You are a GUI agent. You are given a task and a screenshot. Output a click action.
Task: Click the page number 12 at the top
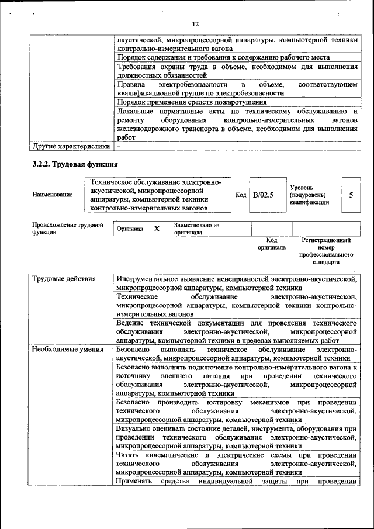pos(195,23)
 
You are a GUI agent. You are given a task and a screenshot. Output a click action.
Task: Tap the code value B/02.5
pos(263,195)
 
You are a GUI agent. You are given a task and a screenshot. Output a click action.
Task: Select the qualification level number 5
pos(351,195)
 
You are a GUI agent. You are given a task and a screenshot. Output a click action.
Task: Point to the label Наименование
pos(53,195)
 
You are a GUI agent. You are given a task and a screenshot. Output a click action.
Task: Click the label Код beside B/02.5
pos(240,195)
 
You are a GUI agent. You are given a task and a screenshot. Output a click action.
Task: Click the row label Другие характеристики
pos(70,146)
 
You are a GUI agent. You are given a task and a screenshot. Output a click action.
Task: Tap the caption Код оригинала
pos(271,244)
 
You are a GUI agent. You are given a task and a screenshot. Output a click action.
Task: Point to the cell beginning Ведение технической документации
pos(237,331)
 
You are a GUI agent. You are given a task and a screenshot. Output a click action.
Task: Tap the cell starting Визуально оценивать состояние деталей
pos(237,437)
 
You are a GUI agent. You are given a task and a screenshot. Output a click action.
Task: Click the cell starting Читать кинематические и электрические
pos(237,464)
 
